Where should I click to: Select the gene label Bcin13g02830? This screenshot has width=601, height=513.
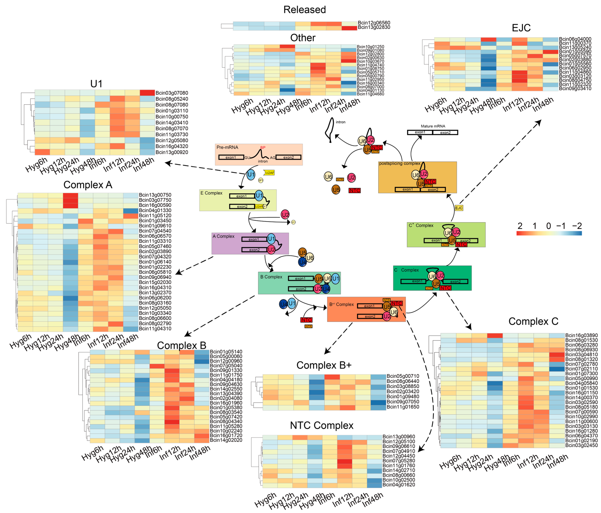374,27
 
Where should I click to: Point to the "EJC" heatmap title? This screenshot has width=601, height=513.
521,28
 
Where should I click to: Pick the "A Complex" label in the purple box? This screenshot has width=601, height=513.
223,236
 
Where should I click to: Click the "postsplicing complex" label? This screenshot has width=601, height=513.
399,163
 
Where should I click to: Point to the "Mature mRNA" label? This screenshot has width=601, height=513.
433,126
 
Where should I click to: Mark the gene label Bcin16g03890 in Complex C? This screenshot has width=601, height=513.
581,335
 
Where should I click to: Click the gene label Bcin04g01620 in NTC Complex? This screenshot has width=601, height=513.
398,485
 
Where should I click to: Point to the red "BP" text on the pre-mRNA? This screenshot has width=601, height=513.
263,148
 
